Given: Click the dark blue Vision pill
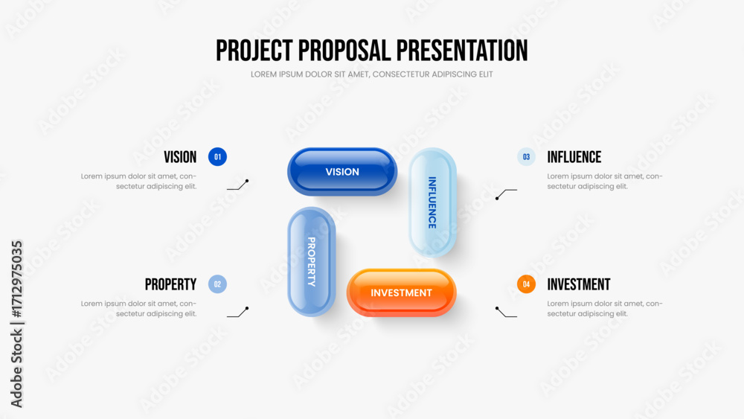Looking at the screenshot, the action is pyautogui.click(x=342, y=171).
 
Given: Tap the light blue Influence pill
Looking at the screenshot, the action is pyautogui.click(x=433, y=202).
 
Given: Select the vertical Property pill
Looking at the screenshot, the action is pyautogui.click(x=311, y=261).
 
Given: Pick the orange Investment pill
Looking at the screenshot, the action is pyautogui.click(x=402, y=292).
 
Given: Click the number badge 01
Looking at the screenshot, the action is pyautogui.click(x=217, y=156).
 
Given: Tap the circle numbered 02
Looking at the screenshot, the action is pyautogui.click(x=217, y=284).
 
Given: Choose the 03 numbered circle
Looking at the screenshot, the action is pyautogui.click(x=526, y=156).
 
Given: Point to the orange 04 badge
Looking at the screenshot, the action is pyautogui.click(x=526, y=284).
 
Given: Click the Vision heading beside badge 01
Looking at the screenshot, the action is pyautogui.click(x=180, y=157).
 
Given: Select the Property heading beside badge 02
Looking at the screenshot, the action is pyautogui.click(x=171, y=284).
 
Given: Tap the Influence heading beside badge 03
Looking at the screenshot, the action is pyautogui.click(x=574, y=157).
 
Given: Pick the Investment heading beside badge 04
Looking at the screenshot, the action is pyautogui.click(x=579, y=284).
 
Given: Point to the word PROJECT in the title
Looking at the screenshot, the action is pyautogui.click(x=254, y=51).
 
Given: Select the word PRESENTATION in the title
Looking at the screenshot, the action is pyautogui.click(x=462, y=51).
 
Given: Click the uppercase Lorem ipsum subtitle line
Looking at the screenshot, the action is pyautogui.click(x=371, y=74).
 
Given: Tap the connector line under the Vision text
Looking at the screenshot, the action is pyautogui.click(x=238, y=185).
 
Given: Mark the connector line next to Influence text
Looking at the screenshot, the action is pyautogui.click(x=506, y=193).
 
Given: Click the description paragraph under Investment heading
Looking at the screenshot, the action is pyautogui.click(x=604, y=308).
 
